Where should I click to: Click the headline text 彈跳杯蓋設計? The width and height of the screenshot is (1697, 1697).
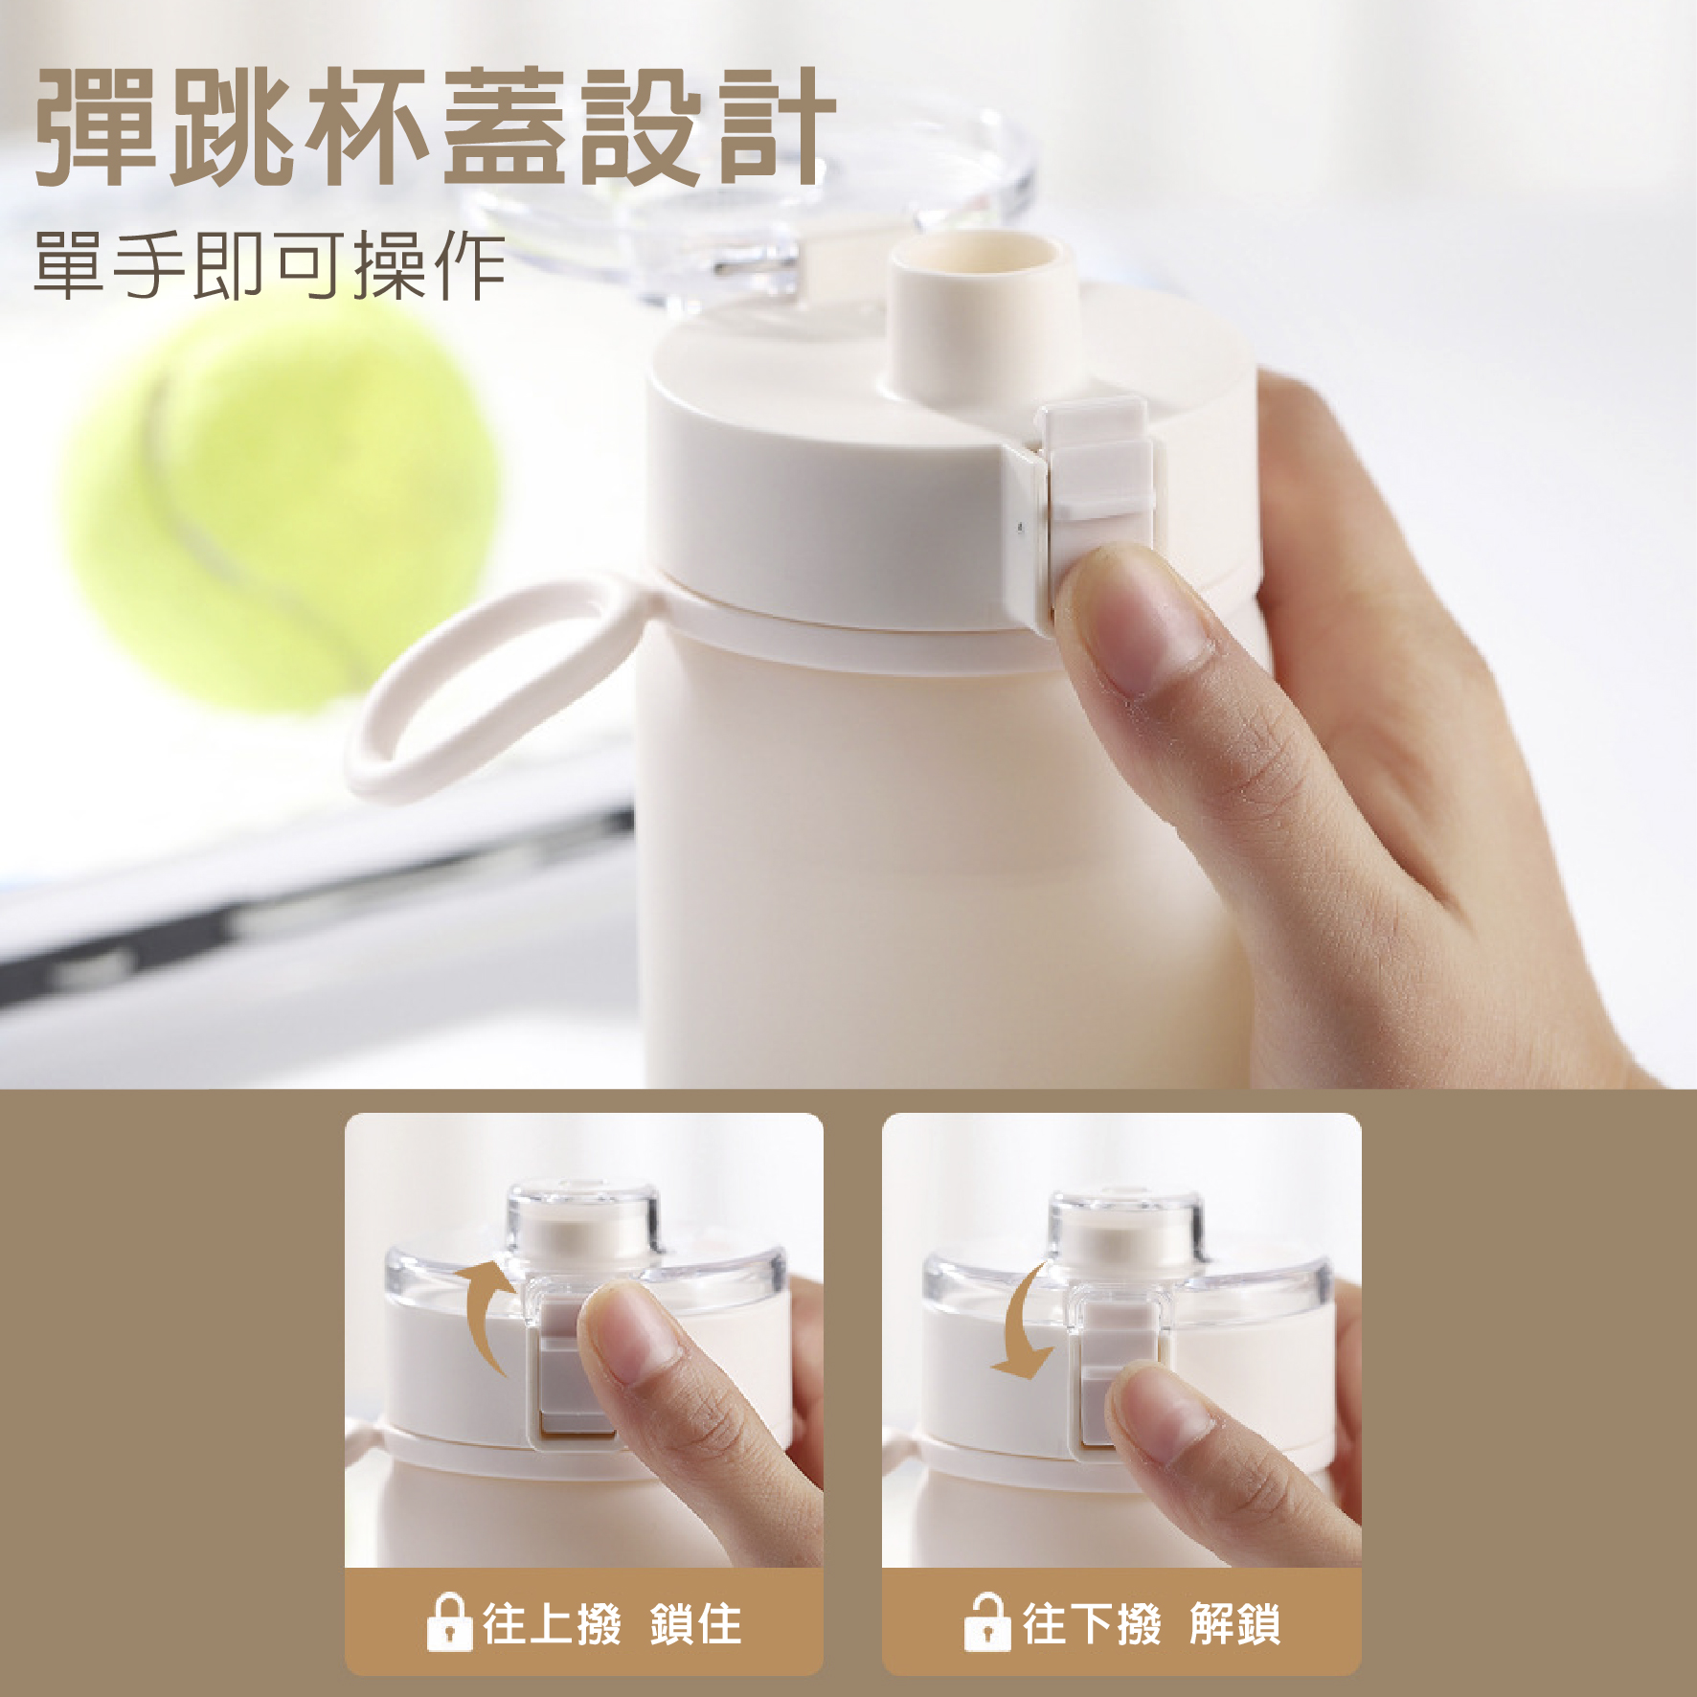tap(436, 128)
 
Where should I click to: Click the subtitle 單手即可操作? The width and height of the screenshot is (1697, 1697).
tap(270, 265)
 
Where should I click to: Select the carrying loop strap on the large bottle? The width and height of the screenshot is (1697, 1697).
tap(498, 685)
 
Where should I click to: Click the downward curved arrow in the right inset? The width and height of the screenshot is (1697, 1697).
tap(1021, 1322)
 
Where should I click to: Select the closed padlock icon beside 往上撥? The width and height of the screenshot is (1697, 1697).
tap(448, 1622)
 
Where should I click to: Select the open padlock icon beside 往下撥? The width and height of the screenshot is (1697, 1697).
tap(986, 1622)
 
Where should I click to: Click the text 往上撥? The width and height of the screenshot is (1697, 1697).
tap(552, 1624)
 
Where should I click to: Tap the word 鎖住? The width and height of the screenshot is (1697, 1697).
tap(696, 1624)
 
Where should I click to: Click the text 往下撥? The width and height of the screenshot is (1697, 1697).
tap(1092, 1624)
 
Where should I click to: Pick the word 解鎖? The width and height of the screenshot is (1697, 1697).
tap(1235, 1624)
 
